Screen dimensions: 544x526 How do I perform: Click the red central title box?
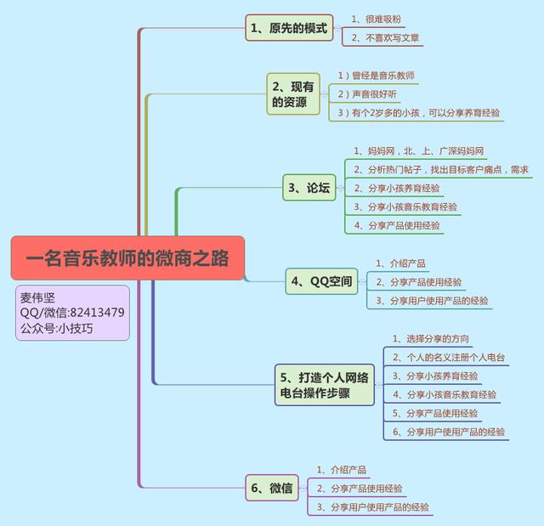tap(127, 258)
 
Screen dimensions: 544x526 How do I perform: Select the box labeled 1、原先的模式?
tap(289, 28)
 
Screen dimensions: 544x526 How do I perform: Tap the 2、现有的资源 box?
tap(293, 94)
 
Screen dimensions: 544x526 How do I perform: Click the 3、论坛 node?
tap(309, 188)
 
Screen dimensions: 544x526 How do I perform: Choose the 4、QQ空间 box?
tap(321, 281)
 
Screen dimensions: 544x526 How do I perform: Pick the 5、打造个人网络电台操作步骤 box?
tap(325, 385)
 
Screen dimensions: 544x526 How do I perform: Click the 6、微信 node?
tap(272, 488)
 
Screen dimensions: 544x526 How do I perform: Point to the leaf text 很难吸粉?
tap(383, 20)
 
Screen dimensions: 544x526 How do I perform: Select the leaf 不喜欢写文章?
tap(393, 37)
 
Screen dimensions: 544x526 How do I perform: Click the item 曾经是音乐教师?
tap(383, 76)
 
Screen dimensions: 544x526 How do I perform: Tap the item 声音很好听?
tap(374, 94)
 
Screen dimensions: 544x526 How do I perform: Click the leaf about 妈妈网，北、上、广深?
tap(418, 150)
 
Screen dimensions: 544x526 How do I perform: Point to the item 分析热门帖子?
tap(394, 170)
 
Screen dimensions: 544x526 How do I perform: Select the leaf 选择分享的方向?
tap(438, 339)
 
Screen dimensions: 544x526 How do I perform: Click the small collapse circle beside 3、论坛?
tap(340, 188)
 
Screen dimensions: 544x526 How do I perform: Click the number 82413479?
tap(97, 313)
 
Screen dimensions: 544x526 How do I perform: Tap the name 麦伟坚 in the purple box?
tap(37, 297)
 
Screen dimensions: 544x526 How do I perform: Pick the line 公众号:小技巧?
tap(57, 328)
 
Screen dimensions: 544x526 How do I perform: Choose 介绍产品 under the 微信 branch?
tap(348, 470)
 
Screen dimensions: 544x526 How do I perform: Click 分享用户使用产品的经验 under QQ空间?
tap(439, 301)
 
